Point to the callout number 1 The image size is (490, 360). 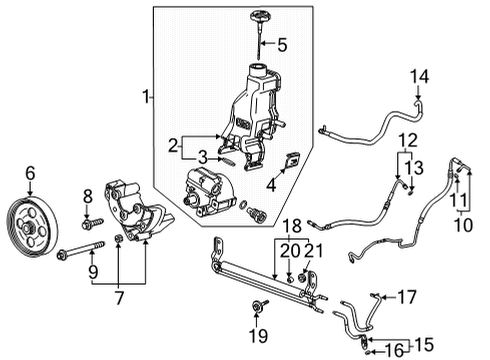coord(147,97)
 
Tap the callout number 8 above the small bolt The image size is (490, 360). coord(87,196)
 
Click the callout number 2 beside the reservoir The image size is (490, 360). coord(172,144)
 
